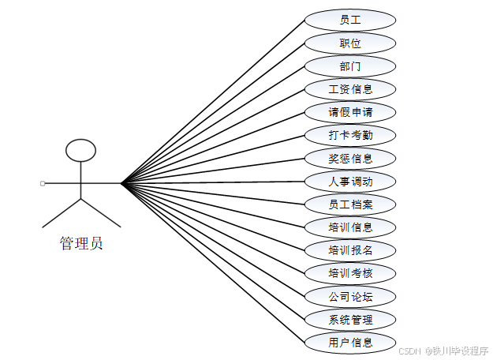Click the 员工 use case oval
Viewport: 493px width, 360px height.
tap(350, 20)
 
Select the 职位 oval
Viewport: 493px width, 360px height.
tap(350, 43)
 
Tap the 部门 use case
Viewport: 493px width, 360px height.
tap(350, 66)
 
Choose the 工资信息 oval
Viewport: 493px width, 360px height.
tap(350, 88)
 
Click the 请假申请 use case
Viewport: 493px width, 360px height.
tap(350, 112)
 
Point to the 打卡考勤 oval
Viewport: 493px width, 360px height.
tap(350, 135)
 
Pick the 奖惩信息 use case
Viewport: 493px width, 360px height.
tap(350, 158)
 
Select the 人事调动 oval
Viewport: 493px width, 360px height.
tap(350, 182)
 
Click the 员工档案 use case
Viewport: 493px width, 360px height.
tap(350, 204)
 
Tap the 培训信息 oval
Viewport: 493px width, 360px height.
tap(350, 227)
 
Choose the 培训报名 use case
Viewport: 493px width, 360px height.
tap(350, 250)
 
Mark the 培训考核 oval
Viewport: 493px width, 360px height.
tap(350, 274)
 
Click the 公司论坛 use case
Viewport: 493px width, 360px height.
tap(350, 297)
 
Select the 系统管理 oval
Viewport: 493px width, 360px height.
tap(350, 320)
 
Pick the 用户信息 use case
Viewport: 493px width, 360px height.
tap(350, 343)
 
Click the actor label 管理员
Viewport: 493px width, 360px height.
tap(81, 243)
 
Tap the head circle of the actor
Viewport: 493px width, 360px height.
tap(81, 151)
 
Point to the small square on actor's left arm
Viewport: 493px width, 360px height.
tap(43, 183)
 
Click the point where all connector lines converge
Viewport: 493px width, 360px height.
tap(121, 183)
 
